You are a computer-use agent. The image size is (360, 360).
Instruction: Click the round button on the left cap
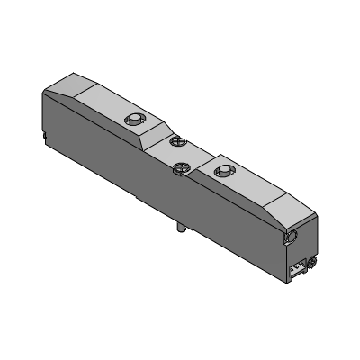pos(134,119)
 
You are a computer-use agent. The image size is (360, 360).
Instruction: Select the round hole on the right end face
pos(292,236)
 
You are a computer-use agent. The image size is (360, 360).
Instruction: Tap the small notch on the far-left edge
pos(45,135)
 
